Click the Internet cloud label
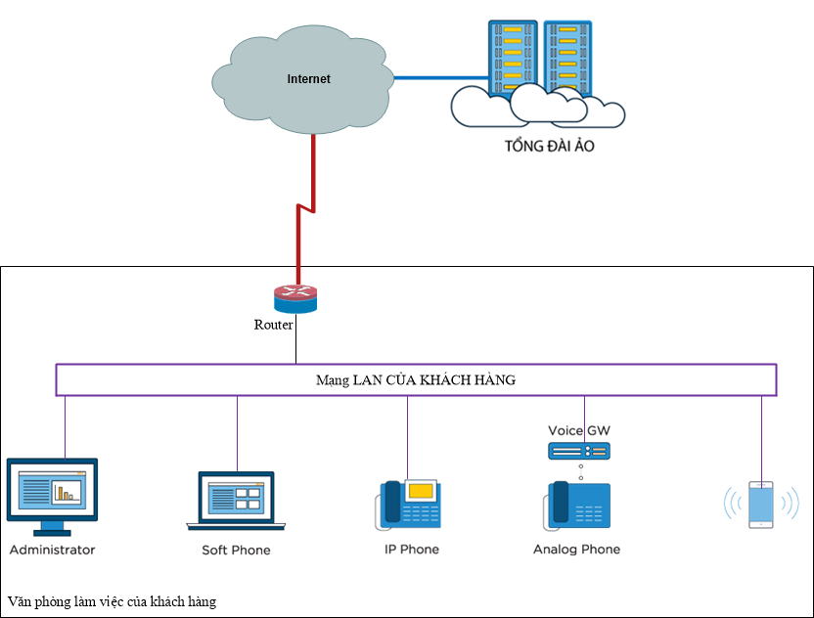tap(309, 79)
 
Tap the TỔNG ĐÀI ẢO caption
tap(549, 146)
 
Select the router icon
tap(295, 299)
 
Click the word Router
tap(273, 325)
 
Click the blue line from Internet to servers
tap(441, 78)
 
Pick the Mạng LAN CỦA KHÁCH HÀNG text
tap(416, 380)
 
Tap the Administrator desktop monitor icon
tap(52, 497)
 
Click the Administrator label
tap(53, 550)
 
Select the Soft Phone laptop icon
tap(236, 502)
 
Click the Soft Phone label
tap(236, 551)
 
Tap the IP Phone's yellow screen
tap(421, 491)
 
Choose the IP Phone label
tap(412, 550)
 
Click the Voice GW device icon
tap(579, 451)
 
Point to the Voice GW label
tap(579, 430)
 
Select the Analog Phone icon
tap(577, 506)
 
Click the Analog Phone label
tap(577, 550)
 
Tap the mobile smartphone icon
tap(761, 505)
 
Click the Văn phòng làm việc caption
tap(112, 602)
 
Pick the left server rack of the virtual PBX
tap(513, 58)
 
